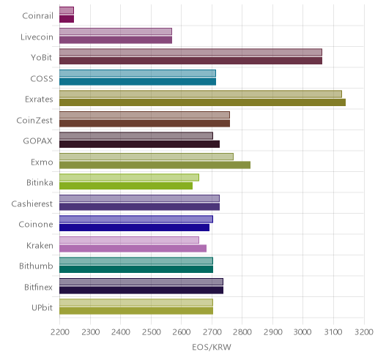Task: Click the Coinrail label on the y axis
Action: pyautogui.click(x=37, y=16)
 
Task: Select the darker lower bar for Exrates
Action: pyautogui.click(x=202, y=102)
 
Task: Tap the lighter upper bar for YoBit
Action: pyautogui.click(x=190, y=52)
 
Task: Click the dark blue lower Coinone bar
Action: pyautogui.click(x=134, y=228)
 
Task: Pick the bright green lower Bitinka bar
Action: pyautogui.click(x=126, y=186)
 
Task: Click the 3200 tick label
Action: pyautogui.click(x=364, y=332)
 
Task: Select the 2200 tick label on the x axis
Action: pyautogui.click(x=60, y=332)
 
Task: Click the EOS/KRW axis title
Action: pyautogui.click(x=212, y=347)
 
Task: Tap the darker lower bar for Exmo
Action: pyautogui.click(x=155, y=165)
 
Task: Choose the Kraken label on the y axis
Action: pyautogui.click(x=40, y=245)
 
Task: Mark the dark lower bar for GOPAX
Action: pyautogui.click(x=139, y=144)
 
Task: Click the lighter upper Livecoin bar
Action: pyautogui.click(x=116, y=31)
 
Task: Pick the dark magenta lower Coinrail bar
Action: pyautogui.click(x=67, y=19)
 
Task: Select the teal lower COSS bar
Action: pyautogui.click(x=138, y=82)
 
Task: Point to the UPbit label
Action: pyautogui.click(x=42, y=308)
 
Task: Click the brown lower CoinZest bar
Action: pyautogui.click(x=144, y=124)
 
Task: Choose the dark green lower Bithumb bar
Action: pyautogui.click(x=136, y=269)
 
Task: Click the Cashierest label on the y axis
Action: pyautogui.click(x=32, y=203)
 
